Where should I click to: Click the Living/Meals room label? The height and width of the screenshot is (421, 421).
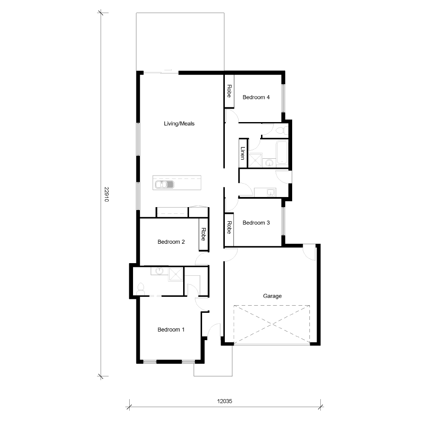coord(179,124)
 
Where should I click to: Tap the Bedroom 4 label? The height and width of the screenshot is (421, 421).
coord(256,97)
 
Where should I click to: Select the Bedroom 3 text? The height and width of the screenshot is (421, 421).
coord(256,223)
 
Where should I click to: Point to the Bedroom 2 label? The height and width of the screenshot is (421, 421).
coord(171,242)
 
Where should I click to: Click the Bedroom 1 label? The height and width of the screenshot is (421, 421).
coord(171,330)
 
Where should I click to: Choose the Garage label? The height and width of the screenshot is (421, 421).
coord(272,296)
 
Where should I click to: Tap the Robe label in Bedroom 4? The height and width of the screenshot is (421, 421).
coord(229,91)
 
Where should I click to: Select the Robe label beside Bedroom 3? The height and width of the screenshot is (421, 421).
coord(229,228)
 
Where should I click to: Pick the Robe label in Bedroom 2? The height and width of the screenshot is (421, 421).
coord(203,234)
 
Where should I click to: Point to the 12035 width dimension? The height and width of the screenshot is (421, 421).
coord(225,401)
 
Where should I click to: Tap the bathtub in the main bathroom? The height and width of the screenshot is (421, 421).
coord(282,153)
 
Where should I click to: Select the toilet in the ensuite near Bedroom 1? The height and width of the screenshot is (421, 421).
coord(141,288)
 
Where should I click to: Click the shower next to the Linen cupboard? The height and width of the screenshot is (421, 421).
coord(255,160)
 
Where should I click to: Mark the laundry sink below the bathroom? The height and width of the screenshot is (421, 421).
coord(270,193)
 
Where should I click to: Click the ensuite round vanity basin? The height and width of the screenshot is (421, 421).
coord(160,271)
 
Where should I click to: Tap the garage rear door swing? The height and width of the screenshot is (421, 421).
coord(309,252)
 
